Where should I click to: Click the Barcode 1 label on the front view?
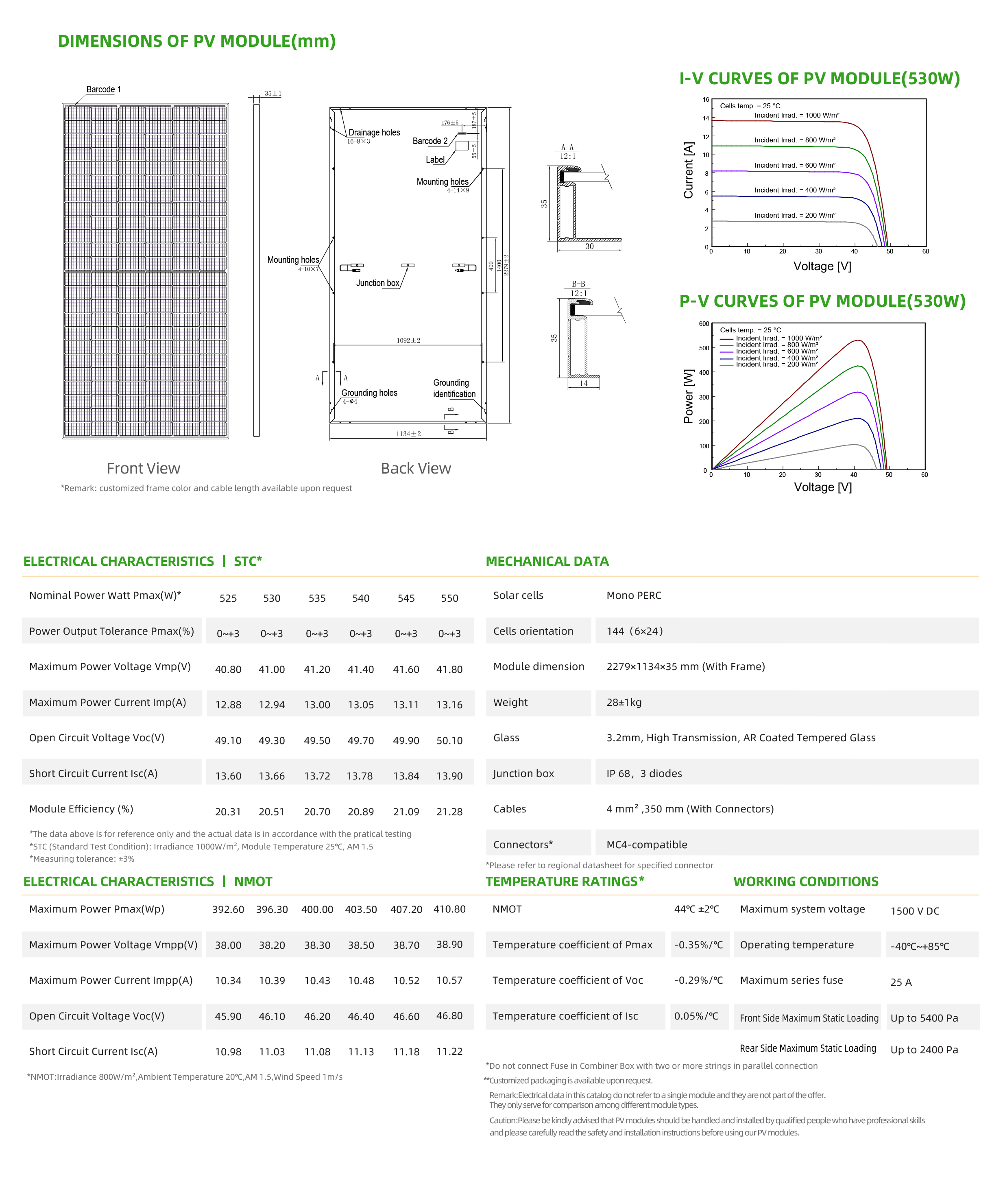point(103,89)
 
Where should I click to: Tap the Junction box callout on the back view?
point(377,283)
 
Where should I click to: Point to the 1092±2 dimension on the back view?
point(408,341)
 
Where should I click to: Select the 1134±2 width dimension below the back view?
point(408,434)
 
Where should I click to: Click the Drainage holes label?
point(374,133)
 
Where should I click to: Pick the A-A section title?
point(567,147)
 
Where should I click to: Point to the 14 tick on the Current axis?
point(706,118)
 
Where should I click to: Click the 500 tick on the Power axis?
point(704,348)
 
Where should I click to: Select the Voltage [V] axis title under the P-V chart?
point(823,487)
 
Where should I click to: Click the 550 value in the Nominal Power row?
point(449,598)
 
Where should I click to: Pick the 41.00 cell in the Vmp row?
point(272,669)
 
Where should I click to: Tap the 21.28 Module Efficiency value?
point(449,812)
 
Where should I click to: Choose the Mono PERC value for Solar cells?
point(633,596)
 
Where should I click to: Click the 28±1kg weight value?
point(624,702)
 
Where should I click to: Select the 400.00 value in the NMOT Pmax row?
point(317,909)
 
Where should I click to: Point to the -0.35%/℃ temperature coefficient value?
point(698,945)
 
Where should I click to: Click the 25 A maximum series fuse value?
point(901,982)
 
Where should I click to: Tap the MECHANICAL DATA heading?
point(547,561)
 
